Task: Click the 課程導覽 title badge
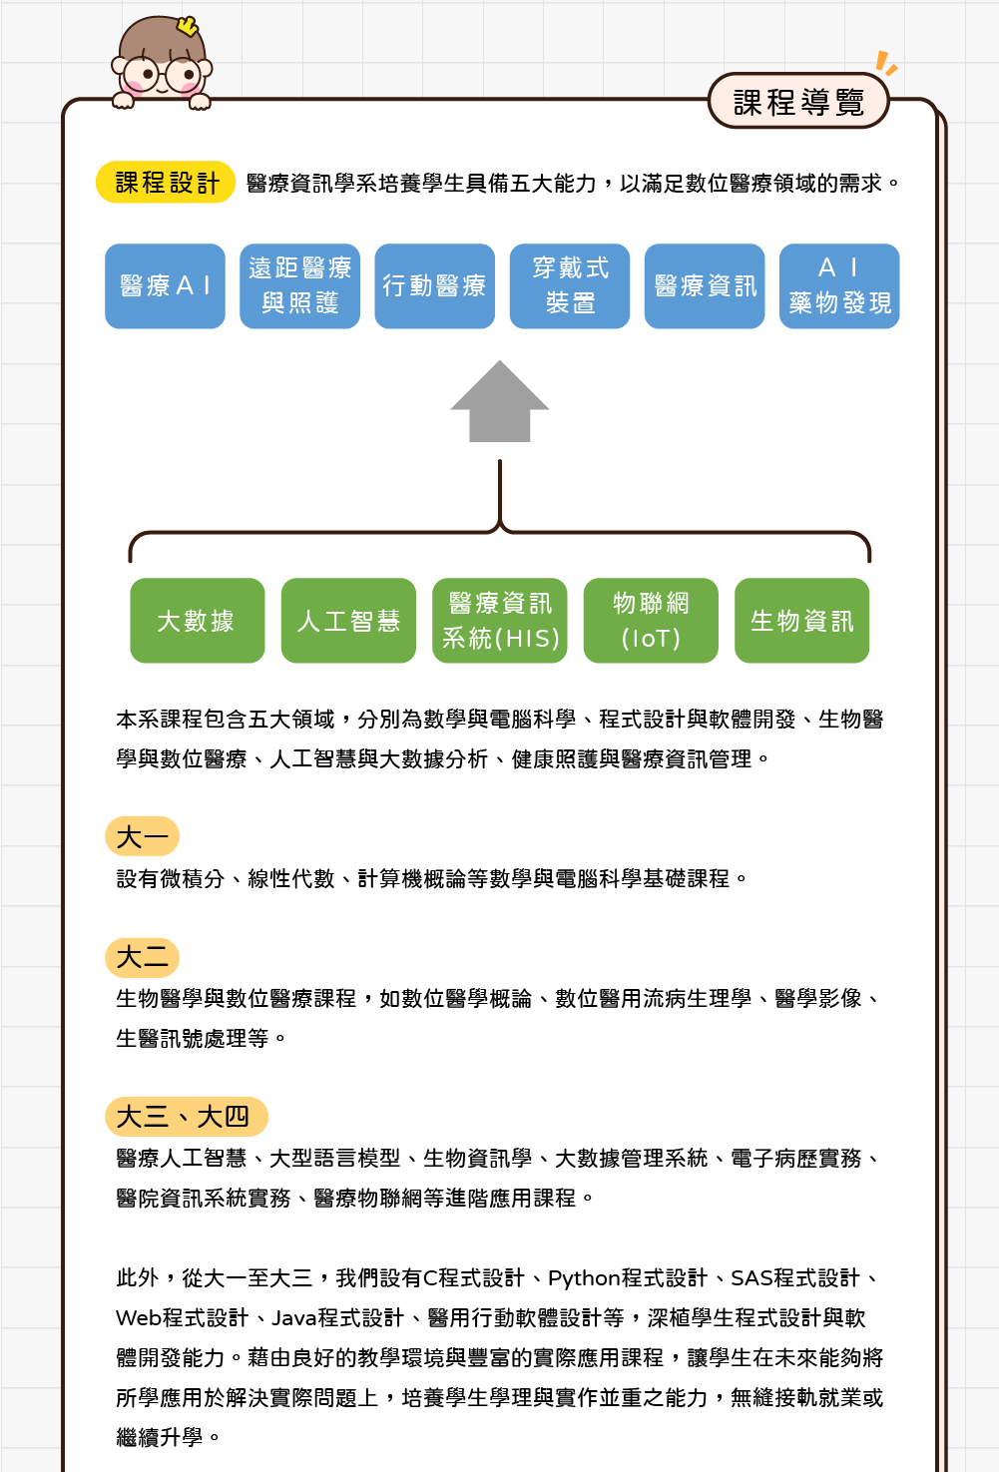coord(797,101)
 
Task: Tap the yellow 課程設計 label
coord(166,182)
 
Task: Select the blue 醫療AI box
coord(165,285)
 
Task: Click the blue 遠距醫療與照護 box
coord(299,285)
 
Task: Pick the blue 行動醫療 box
coord(434,285)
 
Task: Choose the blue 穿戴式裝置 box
coord(570,285)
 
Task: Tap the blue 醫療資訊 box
coord(705,285)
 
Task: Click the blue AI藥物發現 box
coord(839,285)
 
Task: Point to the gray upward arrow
coord(499,401)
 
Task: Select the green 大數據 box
coord(198,621)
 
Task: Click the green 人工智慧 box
coord(348,621)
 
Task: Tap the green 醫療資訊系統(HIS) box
coord(499,621)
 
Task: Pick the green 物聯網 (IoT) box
coord(651,621)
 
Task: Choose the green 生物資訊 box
coord(801,621)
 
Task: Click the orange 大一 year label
coord(142,836)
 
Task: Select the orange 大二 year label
coord(142,957)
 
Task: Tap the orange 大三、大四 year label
coord(187,1117)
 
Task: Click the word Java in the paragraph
coord(293,1318)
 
